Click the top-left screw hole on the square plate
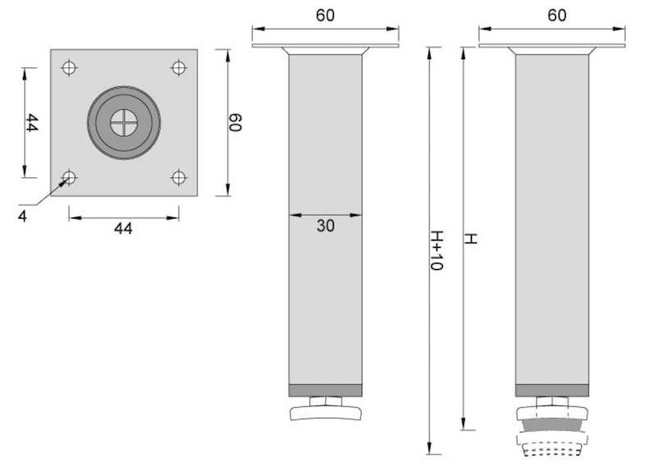[x=69, y=67]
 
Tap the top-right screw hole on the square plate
[x=178, y=67]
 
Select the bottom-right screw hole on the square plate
[x=178, y=176]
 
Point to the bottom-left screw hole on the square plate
[x=69, y=176]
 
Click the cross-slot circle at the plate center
[x=124, y=122]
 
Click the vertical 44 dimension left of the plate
[x=31, y=123]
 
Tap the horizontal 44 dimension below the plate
[x=123, y=229]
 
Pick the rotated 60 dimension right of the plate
[x=235, y=123]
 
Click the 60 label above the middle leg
[x=326, y=16]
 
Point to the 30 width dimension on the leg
[x=326, y=226]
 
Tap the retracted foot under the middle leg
[x=326, y=410]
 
